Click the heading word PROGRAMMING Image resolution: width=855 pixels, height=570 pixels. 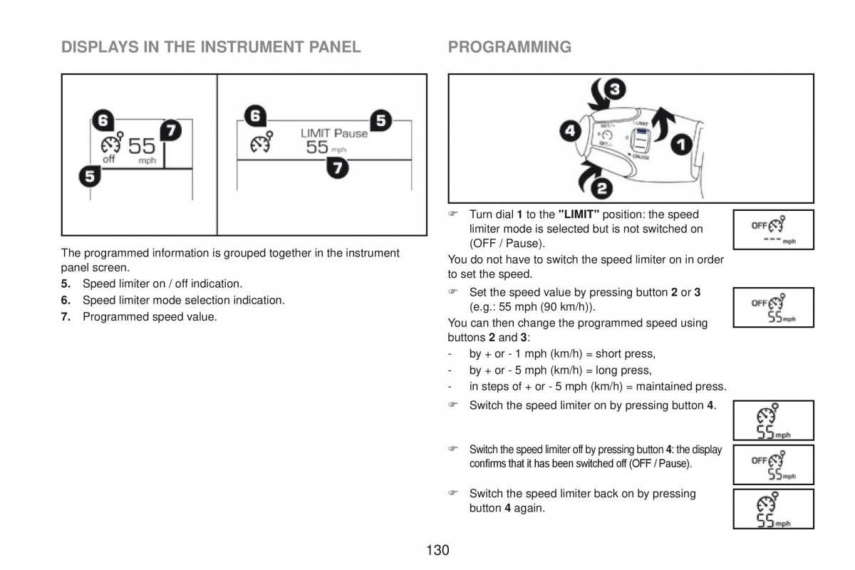tap(509, 47)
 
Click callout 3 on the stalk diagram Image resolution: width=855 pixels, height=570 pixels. tap(615, 90)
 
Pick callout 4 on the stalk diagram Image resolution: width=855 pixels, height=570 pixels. tap(569, 131)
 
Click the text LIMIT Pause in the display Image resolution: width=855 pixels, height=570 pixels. tap(334, 133)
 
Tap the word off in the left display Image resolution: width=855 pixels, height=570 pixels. tap(108, 160)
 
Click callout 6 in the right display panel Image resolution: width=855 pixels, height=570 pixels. tap(255, 115)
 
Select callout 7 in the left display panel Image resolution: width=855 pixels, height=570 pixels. tap(170, 130)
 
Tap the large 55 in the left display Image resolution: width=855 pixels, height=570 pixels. tap(141, 146)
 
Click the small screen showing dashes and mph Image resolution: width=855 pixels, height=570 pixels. tap(773, 229)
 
